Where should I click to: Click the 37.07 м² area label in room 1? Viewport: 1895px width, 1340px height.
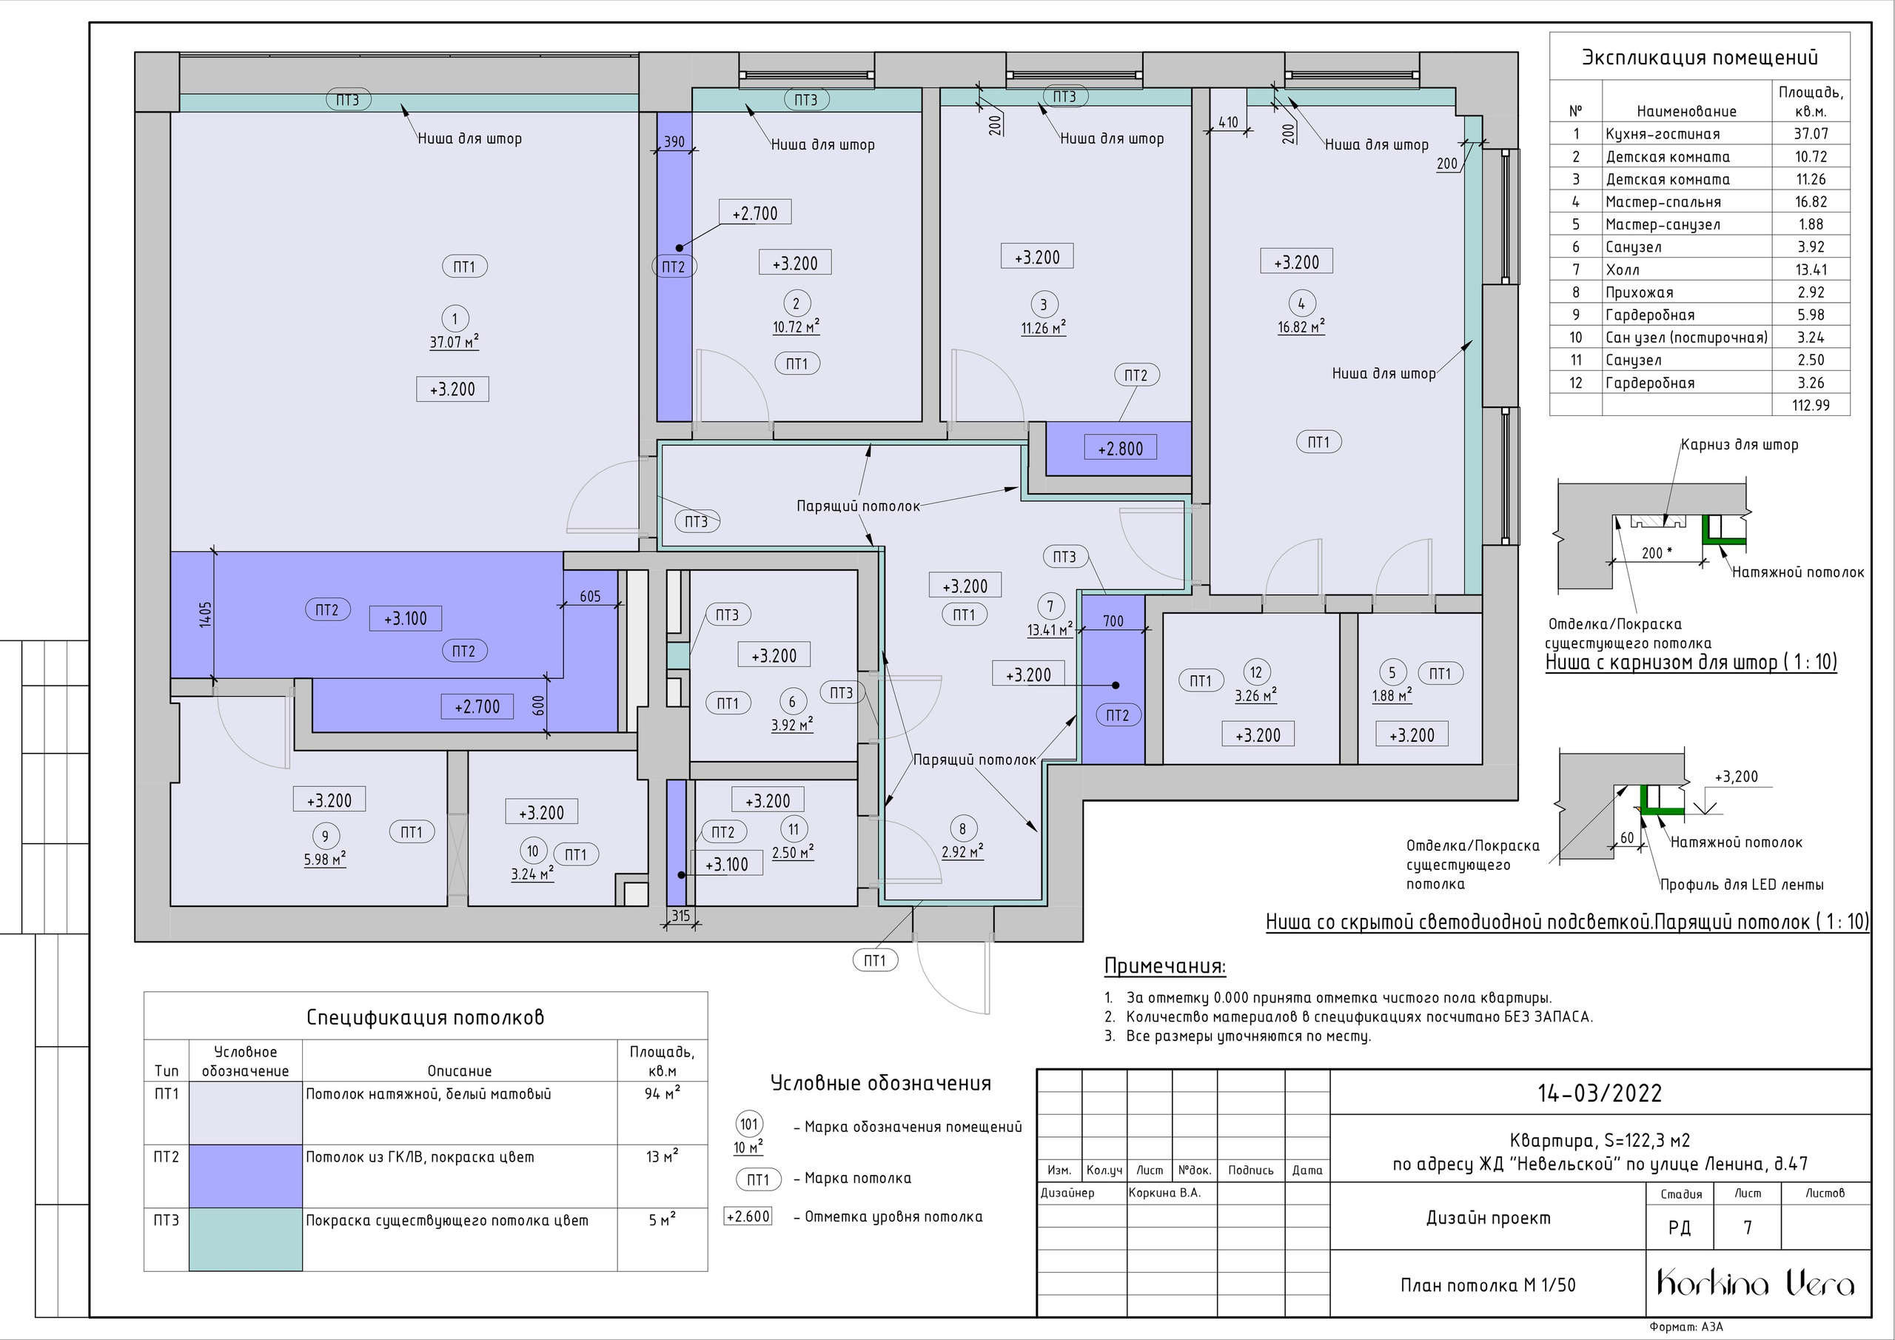pyautogui.click(x=454, y=342)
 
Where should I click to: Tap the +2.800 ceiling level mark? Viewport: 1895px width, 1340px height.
pyautogui.click(x=1120, y=449)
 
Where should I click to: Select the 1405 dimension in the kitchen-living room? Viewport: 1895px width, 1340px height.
pyautogui.click(x=206, y=614)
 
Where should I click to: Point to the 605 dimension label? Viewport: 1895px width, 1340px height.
pyautogui.click(x=590, y=596)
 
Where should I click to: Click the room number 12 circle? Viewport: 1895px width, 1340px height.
pyautogui.click(x=1256, y=672)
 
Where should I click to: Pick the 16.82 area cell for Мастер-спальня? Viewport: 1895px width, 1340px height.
pyautogui.click(x=1811, y=201)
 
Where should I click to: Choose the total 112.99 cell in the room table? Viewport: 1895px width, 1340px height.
pyautogui.click(x=1811, y=406)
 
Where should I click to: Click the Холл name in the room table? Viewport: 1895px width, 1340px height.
pyautogui.click(x=1623, y=269)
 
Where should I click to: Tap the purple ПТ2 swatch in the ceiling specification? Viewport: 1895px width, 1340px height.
pyautogui.click(x=245, y=1176)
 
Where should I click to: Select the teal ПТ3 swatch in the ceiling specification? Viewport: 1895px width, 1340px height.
pyautogui.click(x=245, y=1239)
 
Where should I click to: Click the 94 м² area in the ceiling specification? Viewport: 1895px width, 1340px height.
pyautogui.click(x=662, y=1094)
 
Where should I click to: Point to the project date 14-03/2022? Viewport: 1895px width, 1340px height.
pyautogui.click(x=1600, y=1093)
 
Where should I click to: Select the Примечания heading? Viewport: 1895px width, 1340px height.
pyautogui.click(x=1164, y=966)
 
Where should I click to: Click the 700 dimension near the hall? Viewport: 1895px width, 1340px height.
pyautogui.click(x=1113, y=622)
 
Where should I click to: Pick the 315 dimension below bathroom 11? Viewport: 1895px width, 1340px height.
pyautogui.click(x=680, y=916)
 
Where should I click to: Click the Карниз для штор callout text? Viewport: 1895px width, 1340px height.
pyautogui.click(x=1739, y=445)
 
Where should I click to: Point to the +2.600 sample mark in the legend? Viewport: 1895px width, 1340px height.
pyautogui.click(x=748, y=1216)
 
